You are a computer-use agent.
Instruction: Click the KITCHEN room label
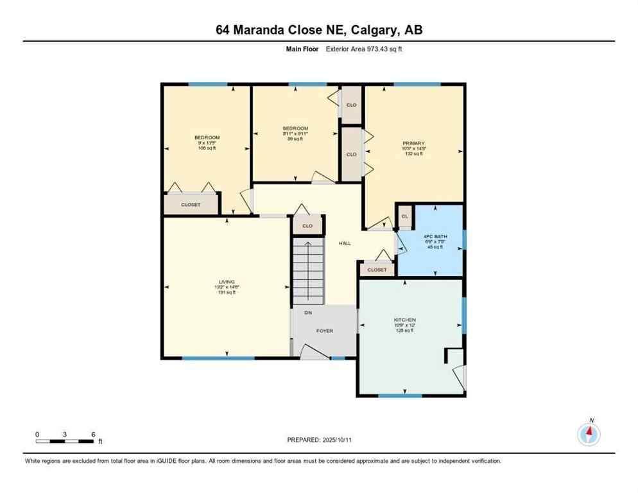point(405,320)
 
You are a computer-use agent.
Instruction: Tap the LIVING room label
point(226,282)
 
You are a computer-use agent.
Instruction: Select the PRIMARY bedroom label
point(413,144)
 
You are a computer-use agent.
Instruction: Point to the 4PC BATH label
point(430,237)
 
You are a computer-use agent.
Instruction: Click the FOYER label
point(325,331)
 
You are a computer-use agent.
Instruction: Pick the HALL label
point(345,243)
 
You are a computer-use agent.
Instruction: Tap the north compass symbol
point(589,434)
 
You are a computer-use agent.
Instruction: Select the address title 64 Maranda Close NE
point(318,30)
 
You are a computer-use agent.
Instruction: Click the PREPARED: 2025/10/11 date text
point(318,440)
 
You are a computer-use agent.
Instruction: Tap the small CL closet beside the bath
point(404,216)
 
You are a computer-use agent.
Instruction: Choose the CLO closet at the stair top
point(307,225)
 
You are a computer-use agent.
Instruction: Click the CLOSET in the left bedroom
point(191,204)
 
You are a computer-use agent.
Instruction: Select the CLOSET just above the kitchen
point(377,270)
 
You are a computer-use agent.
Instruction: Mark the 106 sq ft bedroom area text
point(207,148)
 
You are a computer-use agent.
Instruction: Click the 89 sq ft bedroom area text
point(295,139)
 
